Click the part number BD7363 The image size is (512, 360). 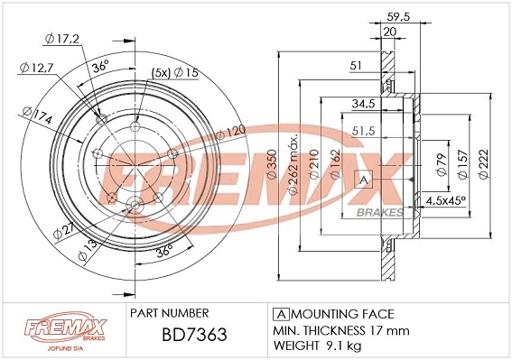tap(182, 336)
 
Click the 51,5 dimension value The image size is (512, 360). tap(365, 132)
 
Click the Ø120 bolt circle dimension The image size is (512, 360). tap(231, 133)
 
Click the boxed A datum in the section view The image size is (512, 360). tap(366, 179)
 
